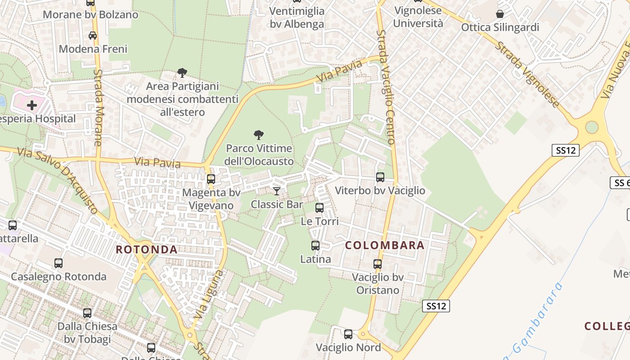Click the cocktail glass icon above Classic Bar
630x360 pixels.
coord(277,191)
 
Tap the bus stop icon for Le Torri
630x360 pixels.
coord(319,208)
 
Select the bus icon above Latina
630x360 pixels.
coord(315,246)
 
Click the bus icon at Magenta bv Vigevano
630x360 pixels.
coord(211,179)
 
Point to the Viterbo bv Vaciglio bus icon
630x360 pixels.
coord(380,177)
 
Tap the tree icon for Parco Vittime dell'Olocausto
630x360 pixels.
coord(259,135)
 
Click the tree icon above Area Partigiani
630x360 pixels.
coord(182,72)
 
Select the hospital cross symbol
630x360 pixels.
coord(32,106)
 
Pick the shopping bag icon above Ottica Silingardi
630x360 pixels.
coord(500,14)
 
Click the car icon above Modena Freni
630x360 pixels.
coord(93,36)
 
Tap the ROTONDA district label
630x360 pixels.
coord(147,249)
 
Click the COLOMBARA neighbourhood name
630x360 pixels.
coord(385,245)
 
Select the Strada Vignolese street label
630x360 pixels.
coord(527,74)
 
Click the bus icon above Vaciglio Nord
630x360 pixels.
coord(348,334)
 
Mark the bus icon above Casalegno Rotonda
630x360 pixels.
coord(58,263)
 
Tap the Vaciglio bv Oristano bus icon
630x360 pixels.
coord(378,264)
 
